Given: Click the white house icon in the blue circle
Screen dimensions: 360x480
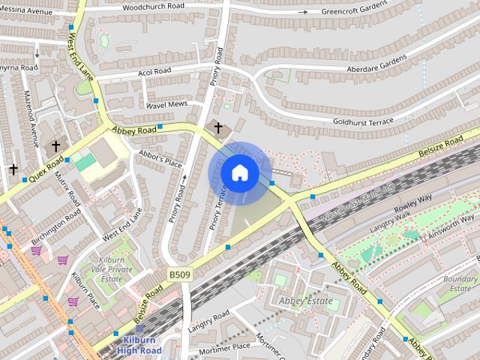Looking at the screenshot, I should [x=239, y=172].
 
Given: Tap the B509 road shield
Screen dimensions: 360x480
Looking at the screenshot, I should [x=179, y=275].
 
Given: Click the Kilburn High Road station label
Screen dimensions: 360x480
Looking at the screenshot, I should [x=139, y=345].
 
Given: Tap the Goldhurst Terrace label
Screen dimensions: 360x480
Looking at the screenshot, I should [x=363, y=121].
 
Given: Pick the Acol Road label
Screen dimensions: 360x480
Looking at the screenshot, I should [x=155, y=73].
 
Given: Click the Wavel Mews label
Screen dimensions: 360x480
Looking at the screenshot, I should [x=166, y=105].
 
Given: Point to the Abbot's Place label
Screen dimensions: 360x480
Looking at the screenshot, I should [x=160, y=158].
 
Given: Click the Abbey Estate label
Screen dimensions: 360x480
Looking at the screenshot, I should [x=304, y=301].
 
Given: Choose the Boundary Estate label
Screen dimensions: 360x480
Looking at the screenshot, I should [x=460, y=283].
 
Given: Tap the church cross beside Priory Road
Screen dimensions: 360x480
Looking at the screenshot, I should [x=218, y=127].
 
